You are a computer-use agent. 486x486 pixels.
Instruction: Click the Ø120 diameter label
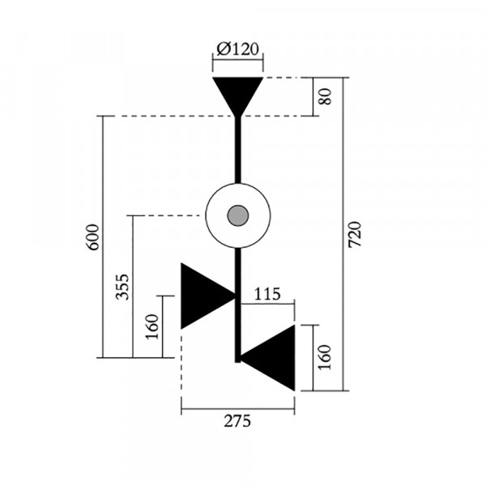point(237,49)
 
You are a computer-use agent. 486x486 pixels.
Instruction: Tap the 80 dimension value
point(326,96)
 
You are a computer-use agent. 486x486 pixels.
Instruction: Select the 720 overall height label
point(355,234)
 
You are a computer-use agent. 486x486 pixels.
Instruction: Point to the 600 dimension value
point(93,237)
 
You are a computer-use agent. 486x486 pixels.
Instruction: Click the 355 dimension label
point(122,287)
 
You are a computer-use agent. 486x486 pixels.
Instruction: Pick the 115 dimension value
point(267,294)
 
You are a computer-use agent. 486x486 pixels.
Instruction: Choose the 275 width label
point(237,421)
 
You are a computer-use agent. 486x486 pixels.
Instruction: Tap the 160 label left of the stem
point(152,326)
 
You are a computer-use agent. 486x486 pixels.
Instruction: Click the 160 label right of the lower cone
point(325,357)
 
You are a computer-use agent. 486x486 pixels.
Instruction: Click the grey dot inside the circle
point(237,215)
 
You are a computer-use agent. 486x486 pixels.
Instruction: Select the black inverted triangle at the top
point(237,93)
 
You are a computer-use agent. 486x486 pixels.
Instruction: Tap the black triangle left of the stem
point(206,296)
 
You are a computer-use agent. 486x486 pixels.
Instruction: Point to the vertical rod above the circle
point(237,150)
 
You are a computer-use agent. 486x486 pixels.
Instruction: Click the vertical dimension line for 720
point(343,234)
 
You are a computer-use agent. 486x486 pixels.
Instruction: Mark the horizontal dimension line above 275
point(237,409)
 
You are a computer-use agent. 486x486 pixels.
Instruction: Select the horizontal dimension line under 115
point(267,304)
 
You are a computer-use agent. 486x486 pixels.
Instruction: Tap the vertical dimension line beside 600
point(103,237)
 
